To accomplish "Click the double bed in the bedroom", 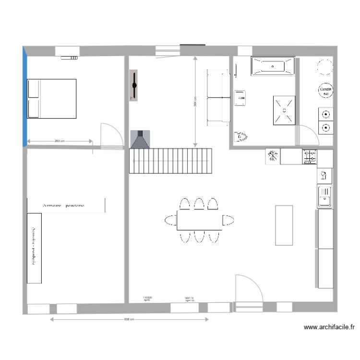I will (52, 98).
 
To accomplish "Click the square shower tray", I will (285, 110).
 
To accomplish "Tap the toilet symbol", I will (240, 137).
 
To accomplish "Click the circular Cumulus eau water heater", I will (325, 90).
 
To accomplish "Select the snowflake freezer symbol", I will (273, 156).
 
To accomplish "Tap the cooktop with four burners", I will (310, 156).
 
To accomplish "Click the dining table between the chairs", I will (199, 220).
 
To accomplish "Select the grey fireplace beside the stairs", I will (140, 139).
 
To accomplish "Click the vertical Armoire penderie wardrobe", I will (34, 248).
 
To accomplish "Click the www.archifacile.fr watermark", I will (329, 327).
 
